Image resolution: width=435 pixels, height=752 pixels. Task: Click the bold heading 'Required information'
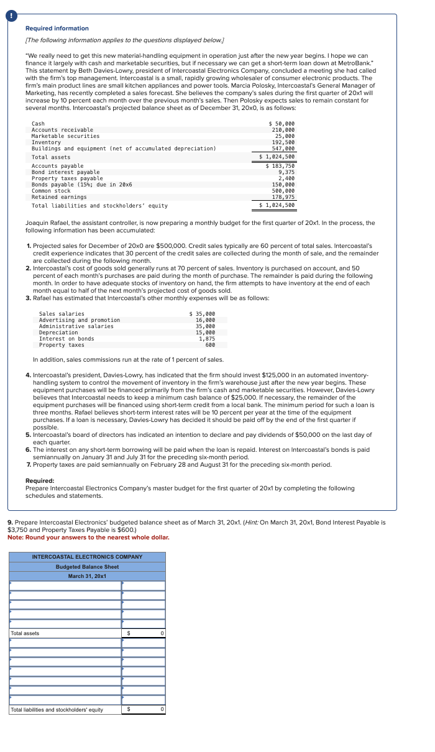click(57, 29)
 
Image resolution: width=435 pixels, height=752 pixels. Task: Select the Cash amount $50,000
click(282, 124)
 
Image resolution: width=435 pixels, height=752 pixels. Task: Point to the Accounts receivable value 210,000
click(283, 130)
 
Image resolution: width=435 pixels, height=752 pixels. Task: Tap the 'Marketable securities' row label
click(65, 136)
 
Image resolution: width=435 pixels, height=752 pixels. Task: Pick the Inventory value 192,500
click(283, 142)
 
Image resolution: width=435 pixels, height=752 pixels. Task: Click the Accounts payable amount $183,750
click(280, 166)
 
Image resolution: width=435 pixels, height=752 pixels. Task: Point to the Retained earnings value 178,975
click(283, 197)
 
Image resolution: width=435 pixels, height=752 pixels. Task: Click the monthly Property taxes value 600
click(210, 345)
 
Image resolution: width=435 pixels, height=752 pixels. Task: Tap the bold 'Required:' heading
click(40, 480)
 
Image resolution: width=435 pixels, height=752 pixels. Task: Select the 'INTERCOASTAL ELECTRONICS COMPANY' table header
click(87, 557)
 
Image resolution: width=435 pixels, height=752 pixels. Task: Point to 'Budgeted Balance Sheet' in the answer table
click(87, 567)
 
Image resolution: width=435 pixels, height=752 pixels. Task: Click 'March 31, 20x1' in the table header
click(87, 576)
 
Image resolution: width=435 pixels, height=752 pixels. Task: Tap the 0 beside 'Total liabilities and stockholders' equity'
click(162, 709)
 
